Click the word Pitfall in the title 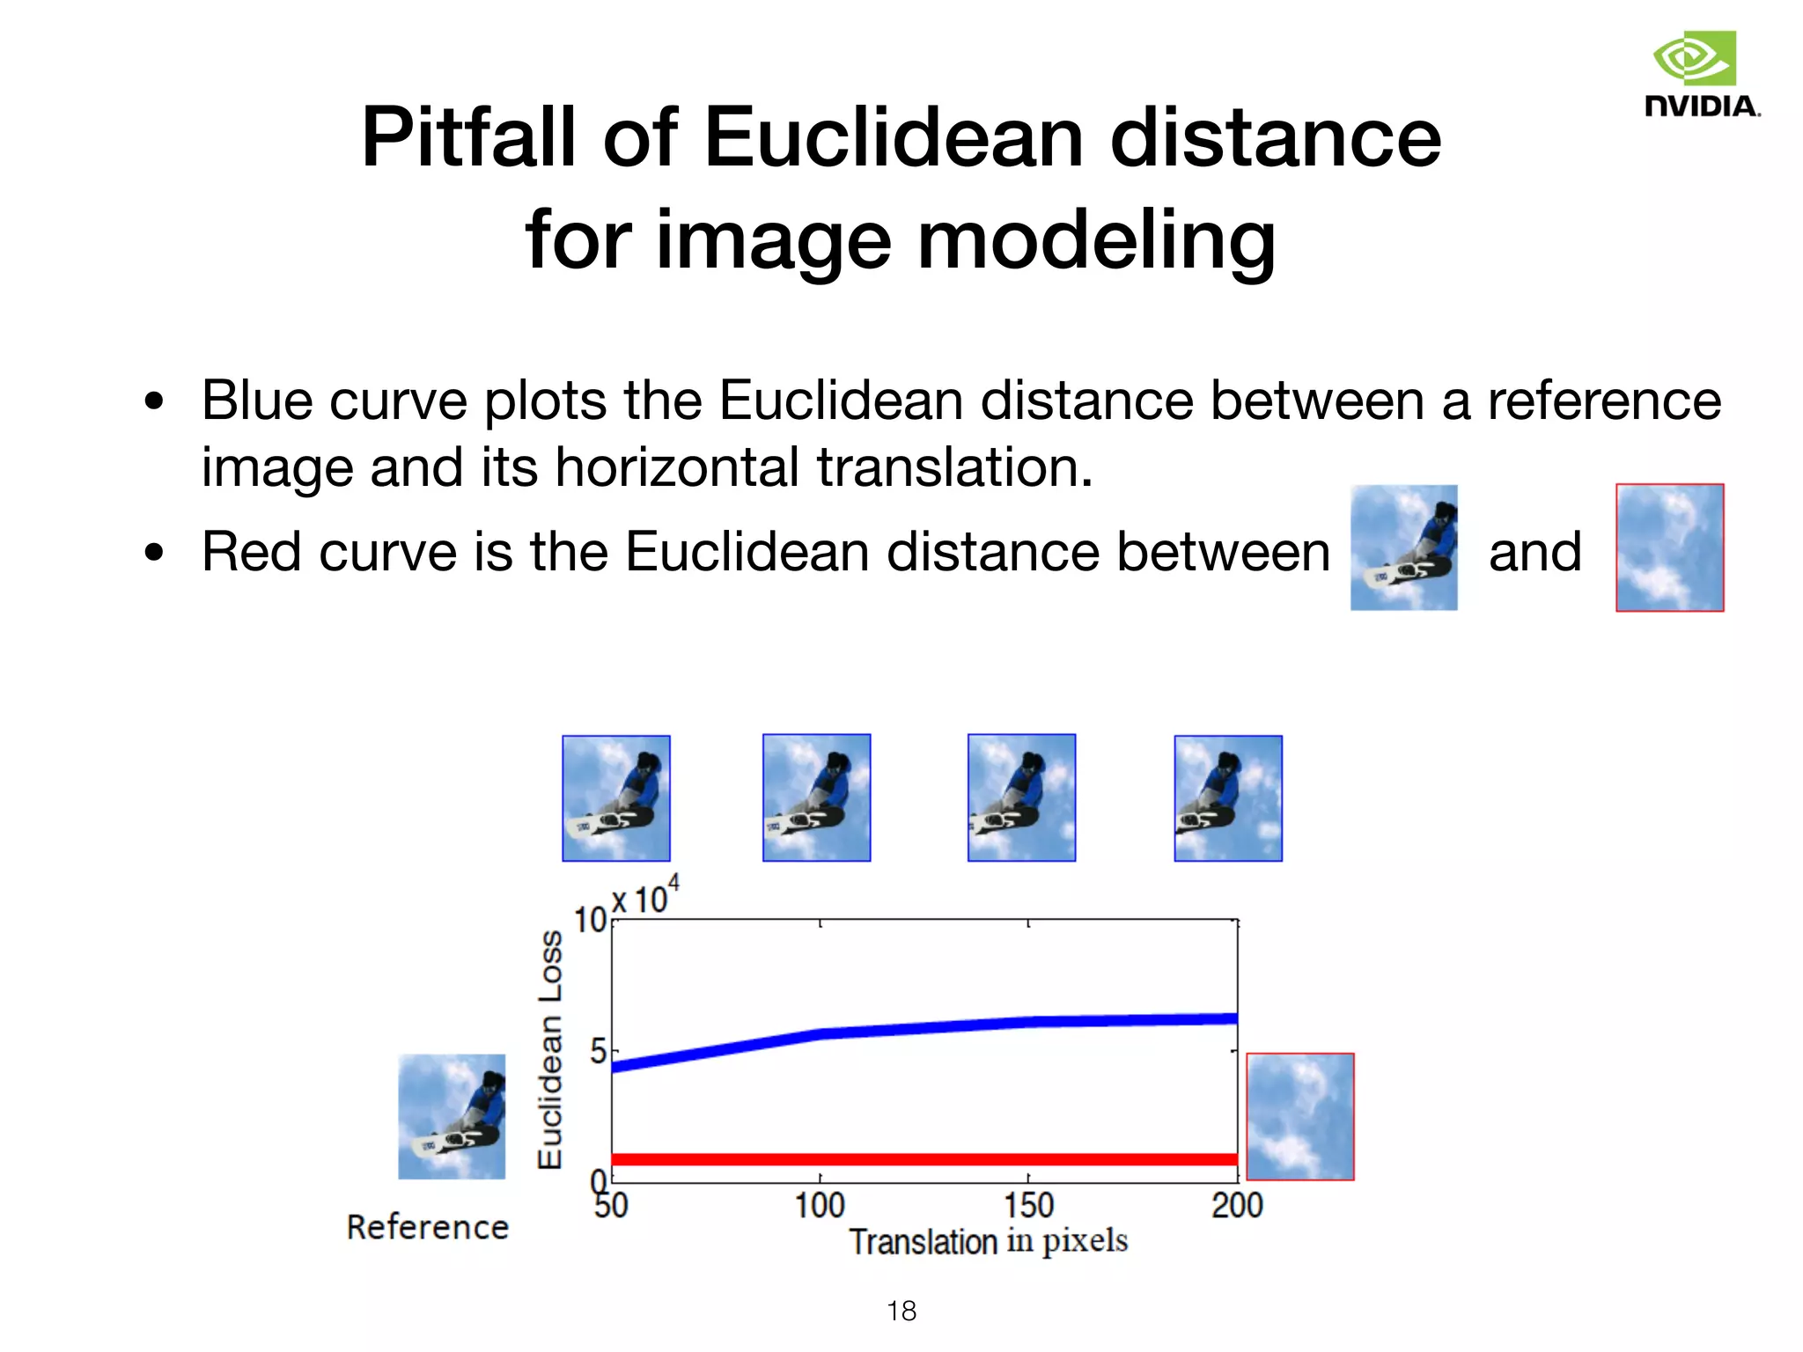point(467,138)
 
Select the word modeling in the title point(1096,240)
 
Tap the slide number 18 point(901,1311)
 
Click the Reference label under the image point(428,1227)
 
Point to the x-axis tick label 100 point(820,1205)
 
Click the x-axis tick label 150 point(1028,1205)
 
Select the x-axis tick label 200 point(1237,1205)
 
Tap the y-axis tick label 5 point(599,1051)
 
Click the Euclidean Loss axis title point(550,1049)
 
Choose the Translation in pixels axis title point(988,1241)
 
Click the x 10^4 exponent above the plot point(645,897)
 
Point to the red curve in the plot point(924,1159)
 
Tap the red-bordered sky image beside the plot point(1299,1116)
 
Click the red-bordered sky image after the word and point(1669,547)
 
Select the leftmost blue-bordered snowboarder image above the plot point(616,798)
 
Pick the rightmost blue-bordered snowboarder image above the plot point(1228,798)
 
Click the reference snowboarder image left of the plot point(452,1116)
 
